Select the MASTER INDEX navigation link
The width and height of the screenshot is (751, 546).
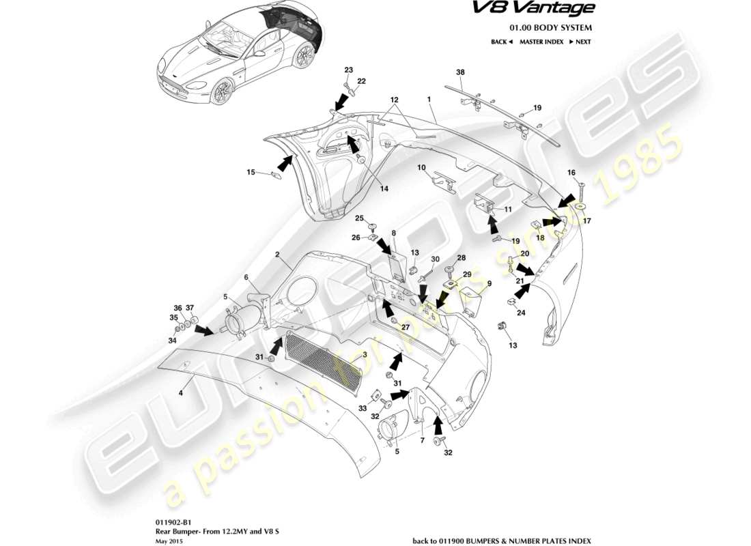(541, 42)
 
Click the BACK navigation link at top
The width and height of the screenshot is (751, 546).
(501, 42)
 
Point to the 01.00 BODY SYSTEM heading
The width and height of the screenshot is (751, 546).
(550, 28)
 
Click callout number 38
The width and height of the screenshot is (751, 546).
(460, 72)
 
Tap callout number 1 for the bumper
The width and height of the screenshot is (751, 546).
(429, 99)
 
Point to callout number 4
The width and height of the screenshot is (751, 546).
(181, 392)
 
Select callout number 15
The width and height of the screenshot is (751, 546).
(250, 172)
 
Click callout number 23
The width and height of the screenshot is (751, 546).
(348, 70)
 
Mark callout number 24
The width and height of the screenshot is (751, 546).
(522, 313)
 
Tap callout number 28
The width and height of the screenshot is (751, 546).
(461, 258)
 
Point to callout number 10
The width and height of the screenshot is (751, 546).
(421, 167)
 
